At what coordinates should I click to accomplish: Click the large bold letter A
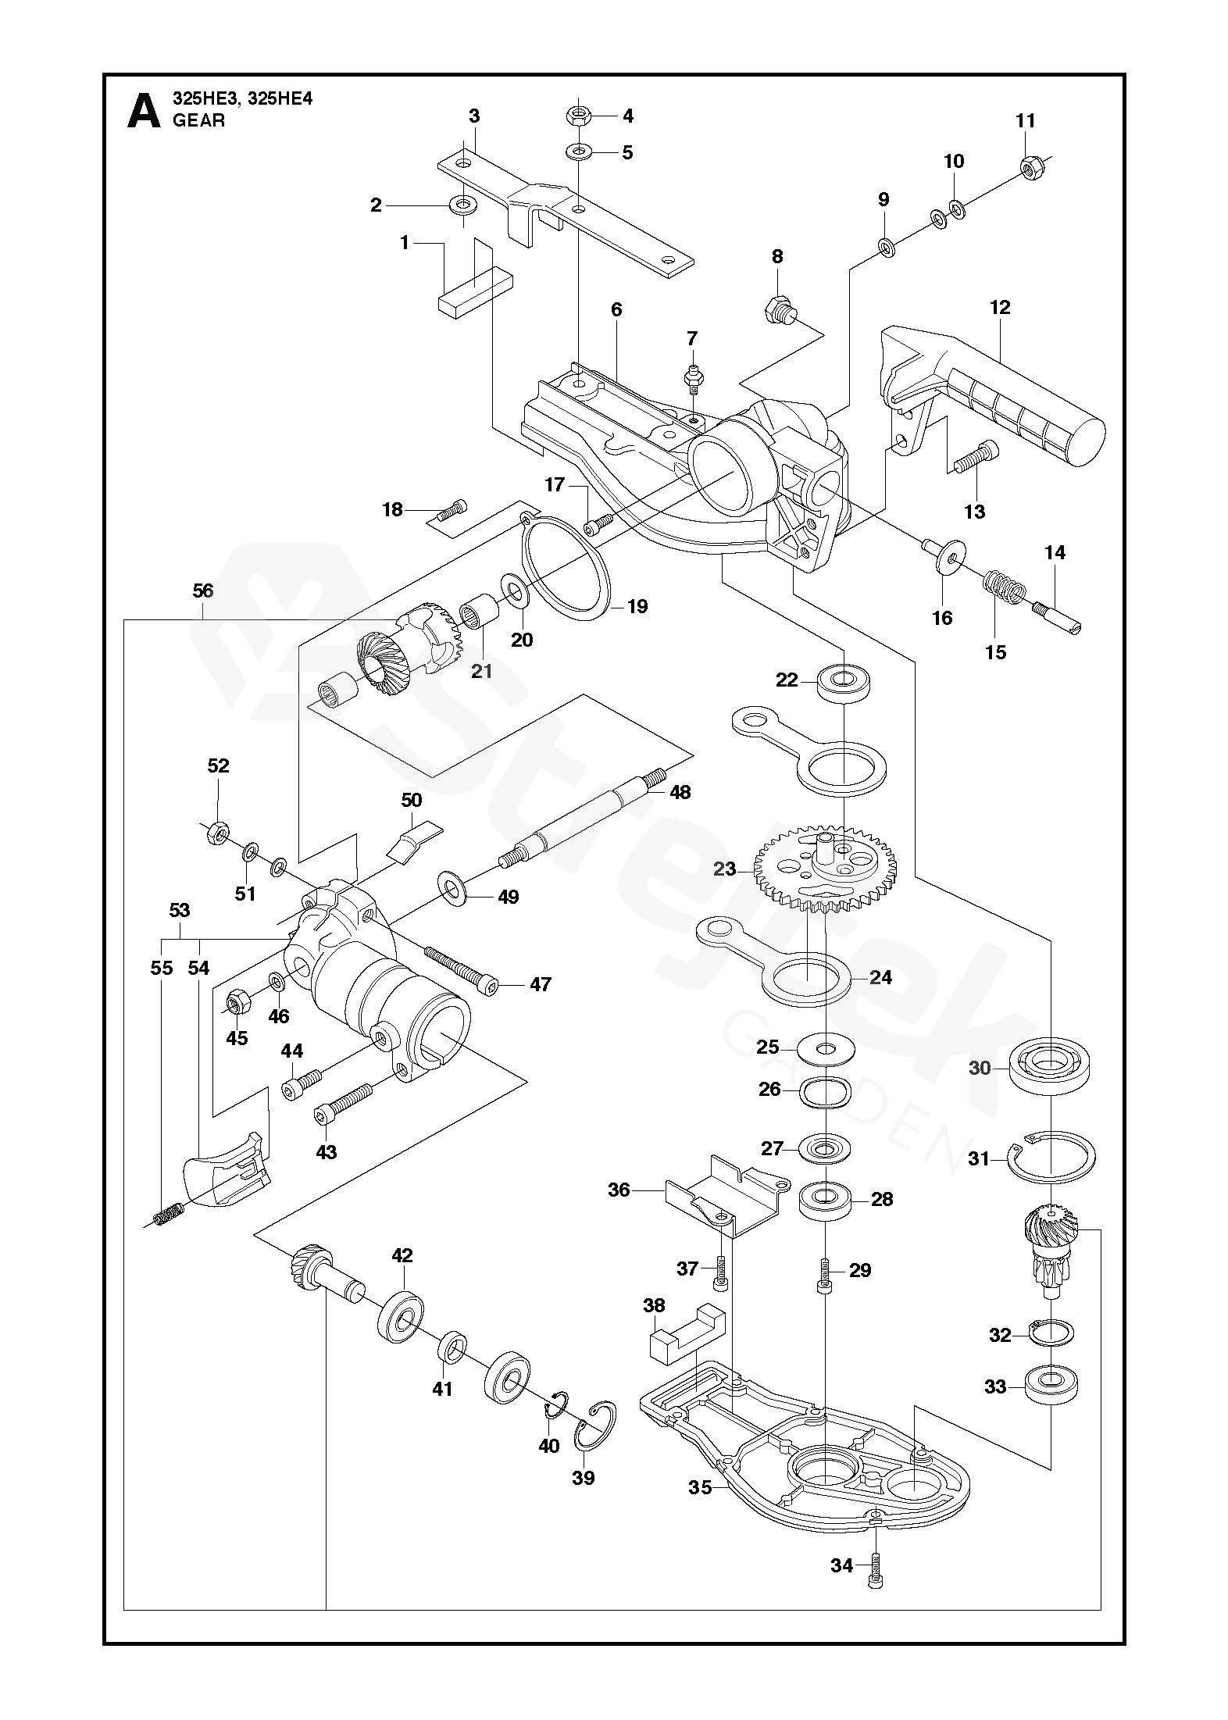143,110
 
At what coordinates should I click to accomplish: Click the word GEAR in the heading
198,120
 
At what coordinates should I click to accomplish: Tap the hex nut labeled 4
577,116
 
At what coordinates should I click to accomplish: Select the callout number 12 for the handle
1000,307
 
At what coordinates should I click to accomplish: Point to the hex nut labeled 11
1030,166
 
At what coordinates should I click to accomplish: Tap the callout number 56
202,591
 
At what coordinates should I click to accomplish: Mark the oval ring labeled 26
825,1090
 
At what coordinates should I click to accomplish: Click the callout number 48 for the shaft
680,792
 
